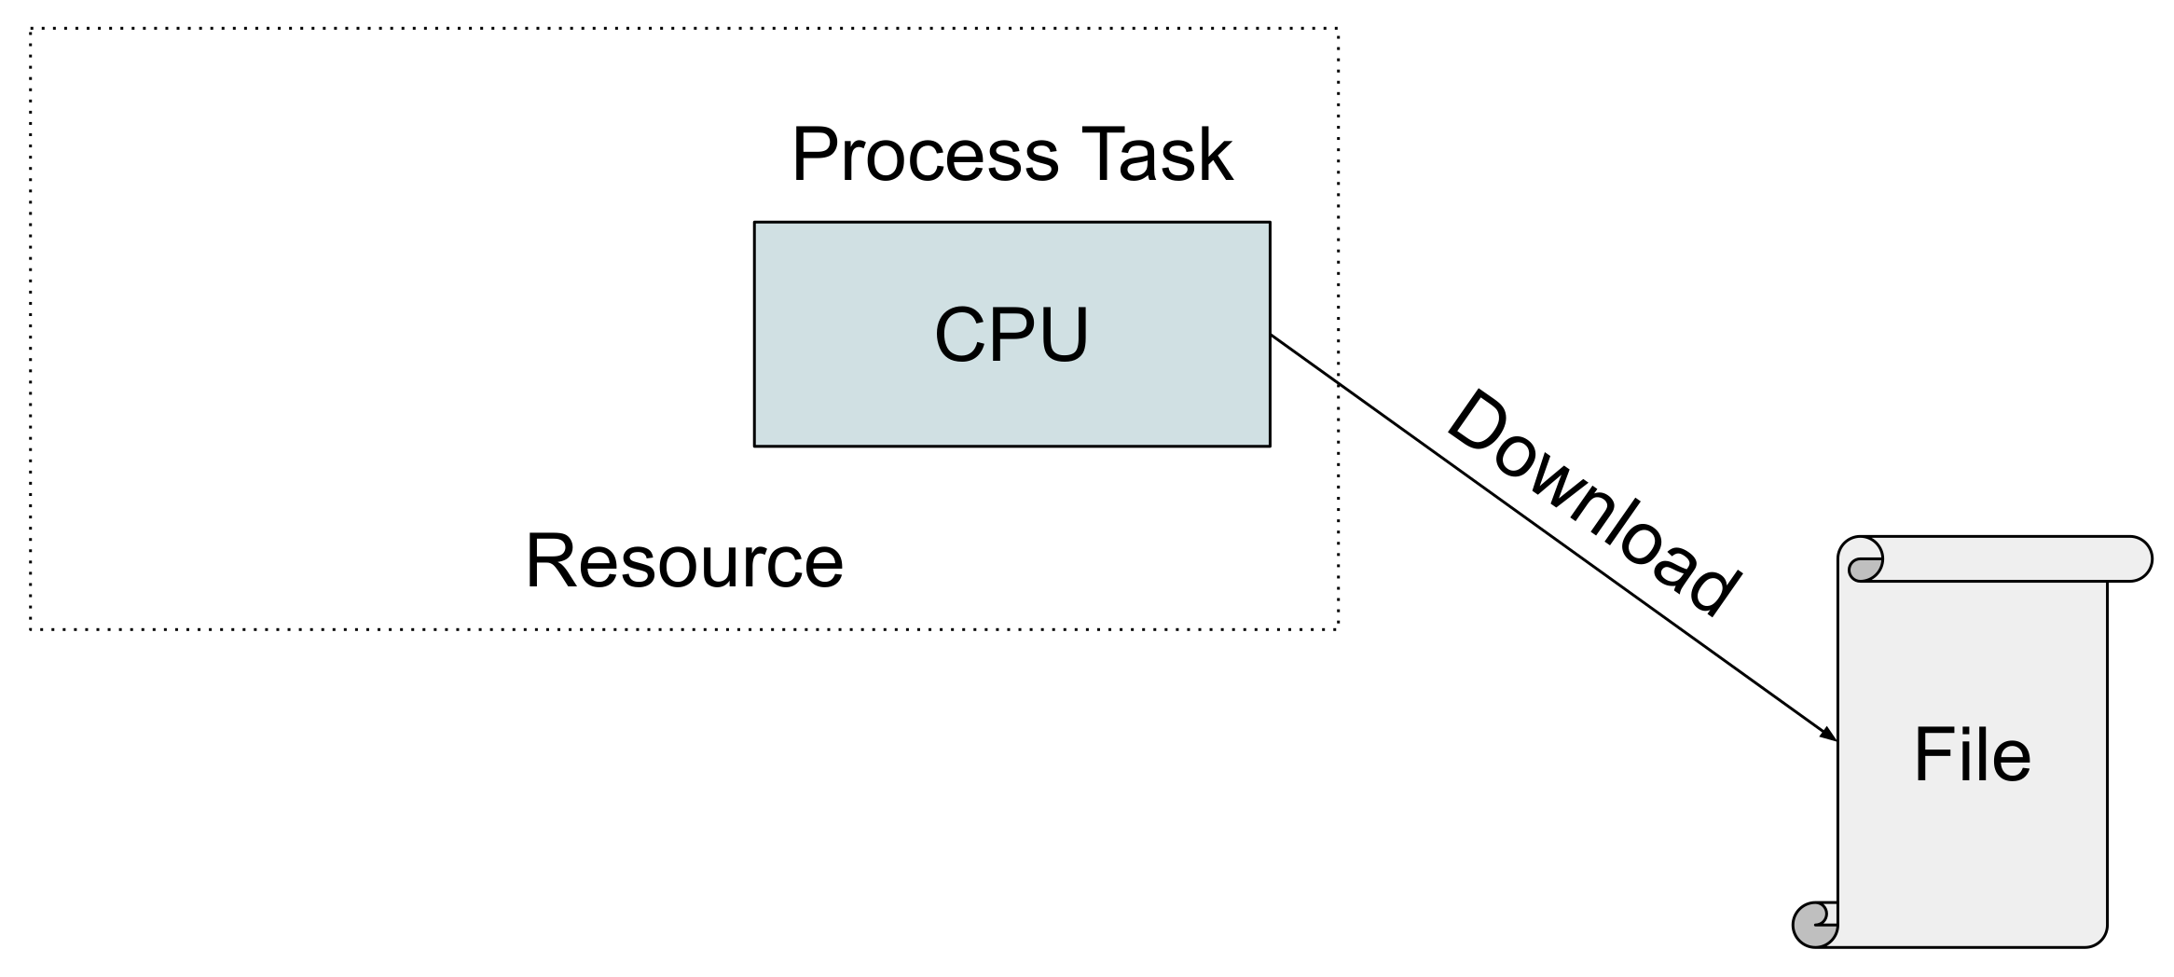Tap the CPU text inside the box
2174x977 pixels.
1011,335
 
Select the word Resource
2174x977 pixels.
684,561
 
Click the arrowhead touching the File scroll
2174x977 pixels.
1829,735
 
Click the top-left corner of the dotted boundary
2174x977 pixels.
31,29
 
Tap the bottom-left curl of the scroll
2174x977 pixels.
1813,924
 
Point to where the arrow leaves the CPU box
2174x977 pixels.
1271,337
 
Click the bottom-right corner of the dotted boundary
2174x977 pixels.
1339,630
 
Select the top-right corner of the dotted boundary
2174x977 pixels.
1339,29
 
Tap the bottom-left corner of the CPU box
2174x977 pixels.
754,446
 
